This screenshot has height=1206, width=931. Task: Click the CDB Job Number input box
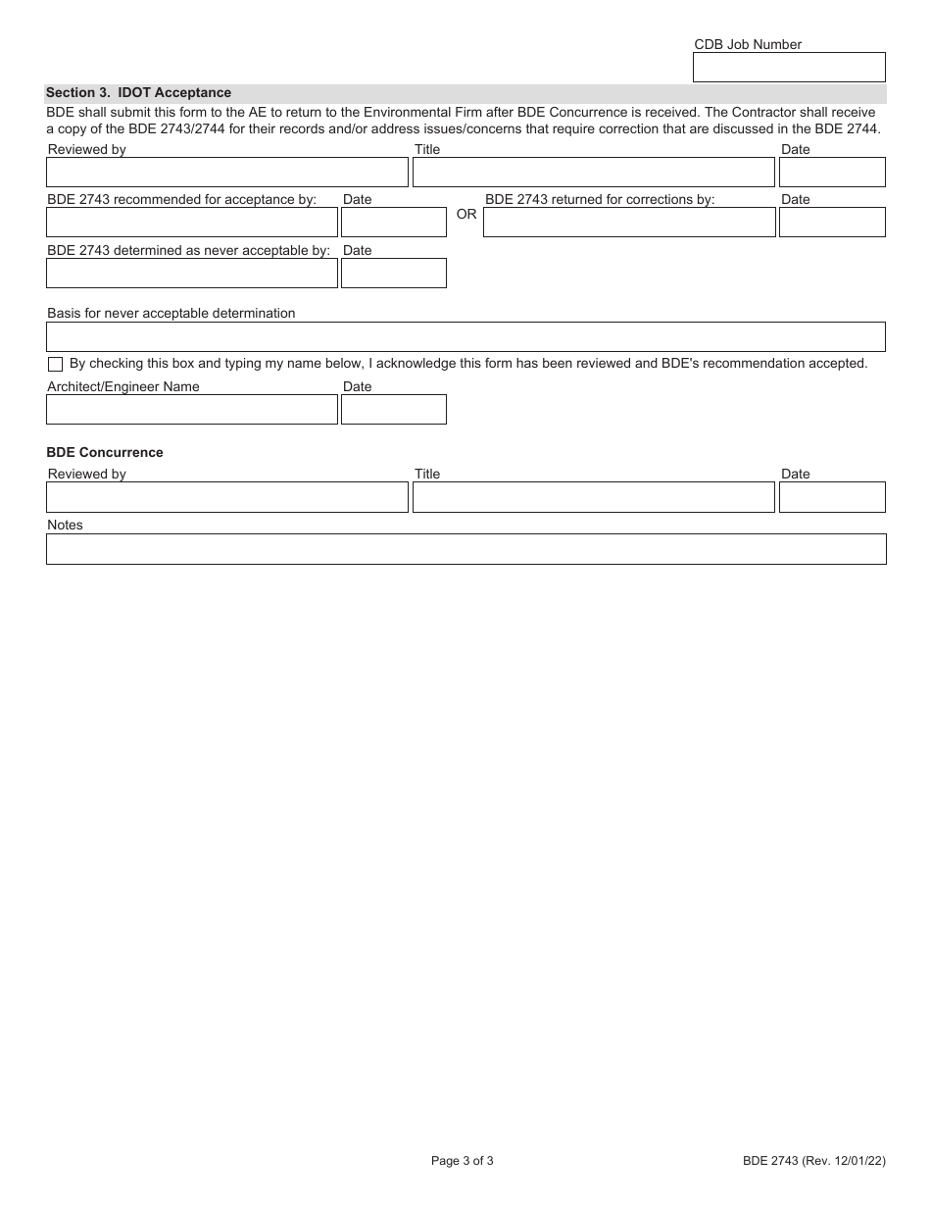click(789, 67)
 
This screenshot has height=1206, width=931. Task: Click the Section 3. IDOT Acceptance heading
click(138, 93)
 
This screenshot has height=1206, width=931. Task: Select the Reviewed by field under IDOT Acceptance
click(226, 173)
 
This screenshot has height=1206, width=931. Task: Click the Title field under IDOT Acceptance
click(593, 173)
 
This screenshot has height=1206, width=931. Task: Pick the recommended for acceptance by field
click(192, 223)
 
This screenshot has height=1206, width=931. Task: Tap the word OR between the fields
click(466, 215)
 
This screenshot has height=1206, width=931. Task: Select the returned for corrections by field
click(629, 223)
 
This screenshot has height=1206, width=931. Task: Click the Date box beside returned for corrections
click(832, 223)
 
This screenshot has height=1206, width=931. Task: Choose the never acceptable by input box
click(192, 274)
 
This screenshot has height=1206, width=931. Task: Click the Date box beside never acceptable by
click(394, 274)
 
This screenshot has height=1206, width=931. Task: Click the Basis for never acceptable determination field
click(465, 337)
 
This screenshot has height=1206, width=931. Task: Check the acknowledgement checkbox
click(55, 364)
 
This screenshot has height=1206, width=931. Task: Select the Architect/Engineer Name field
click(192, 410)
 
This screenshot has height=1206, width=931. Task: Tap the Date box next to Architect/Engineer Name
click(394, 410)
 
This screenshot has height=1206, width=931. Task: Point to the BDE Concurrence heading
click(105, 453)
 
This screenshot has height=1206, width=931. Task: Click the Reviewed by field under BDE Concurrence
click(226, 497)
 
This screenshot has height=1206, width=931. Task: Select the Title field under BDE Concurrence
click(593, 497)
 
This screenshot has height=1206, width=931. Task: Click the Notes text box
click(465, 549)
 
